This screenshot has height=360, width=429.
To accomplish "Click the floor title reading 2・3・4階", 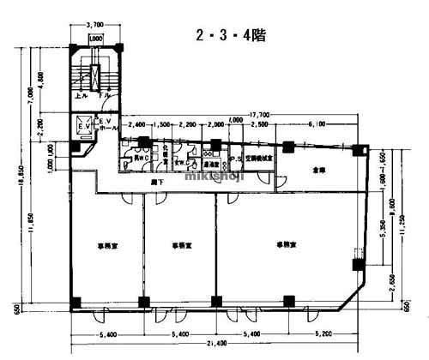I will [230, 37].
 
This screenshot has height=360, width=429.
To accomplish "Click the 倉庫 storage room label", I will [318, 169].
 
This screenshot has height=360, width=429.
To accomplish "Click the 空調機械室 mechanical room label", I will [258, 159].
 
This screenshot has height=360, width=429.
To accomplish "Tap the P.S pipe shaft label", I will [235, 159].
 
